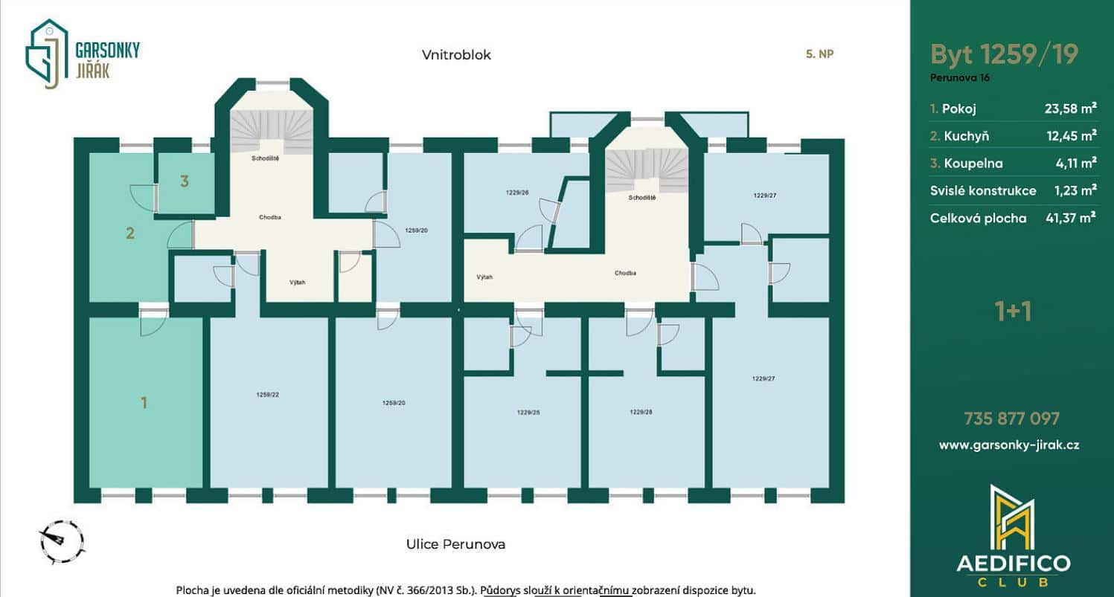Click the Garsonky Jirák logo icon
pos(46,54)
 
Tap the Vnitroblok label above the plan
pos(456,54)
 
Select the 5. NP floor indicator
pos(819,54)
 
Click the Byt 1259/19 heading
pos(1004,54)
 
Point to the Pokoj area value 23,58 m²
pos(1070,109)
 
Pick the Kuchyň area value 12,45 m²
pos(1072,135)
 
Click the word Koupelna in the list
pos(973,164)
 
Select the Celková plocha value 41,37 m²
pos(1070,218)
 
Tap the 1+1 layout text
pos(1013,312)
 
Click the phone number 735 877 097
pos(1011,419)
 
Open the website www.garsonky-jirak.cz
pos(1009,445)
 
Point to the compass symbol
pos(61,542)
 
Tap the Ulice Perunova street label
pos(455,544)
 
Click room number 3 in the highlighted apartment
pos(185,181)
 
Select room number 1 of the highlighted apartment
pos(144,402)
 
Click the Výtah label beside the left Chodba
pos(298,282)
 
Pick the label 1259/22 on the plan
pos(268,395)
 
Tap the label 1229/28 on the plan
pos(641,412)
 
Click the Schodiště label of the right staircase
pos(642,198)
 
